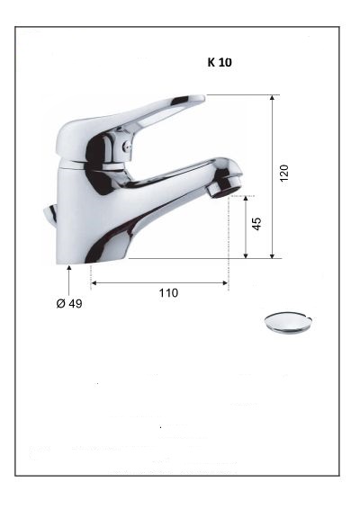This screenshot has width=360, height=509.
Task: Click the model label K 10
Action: pyautogui.click(x=220, y=64)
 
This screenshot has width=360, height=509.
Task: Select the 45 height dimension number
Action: pyautogui.click(x=256, y=222)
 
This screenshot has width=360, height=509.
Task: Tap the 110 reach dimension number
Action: pyautogui.click(x=168, y=292)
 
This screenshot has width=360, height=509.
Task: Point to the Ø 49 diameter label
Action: pyautogui.click(x=69, y=304)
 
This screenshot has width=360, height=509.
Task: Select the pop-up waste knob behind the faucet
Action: pyautogui.click(x=48, y=214)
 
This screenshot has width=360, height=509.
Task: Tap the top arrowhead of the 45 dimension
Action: pyautogui.click(x=246, y=199)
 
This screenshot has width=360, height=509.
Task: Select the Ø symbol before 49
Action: pyautogui.click(x=59, y=304)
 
